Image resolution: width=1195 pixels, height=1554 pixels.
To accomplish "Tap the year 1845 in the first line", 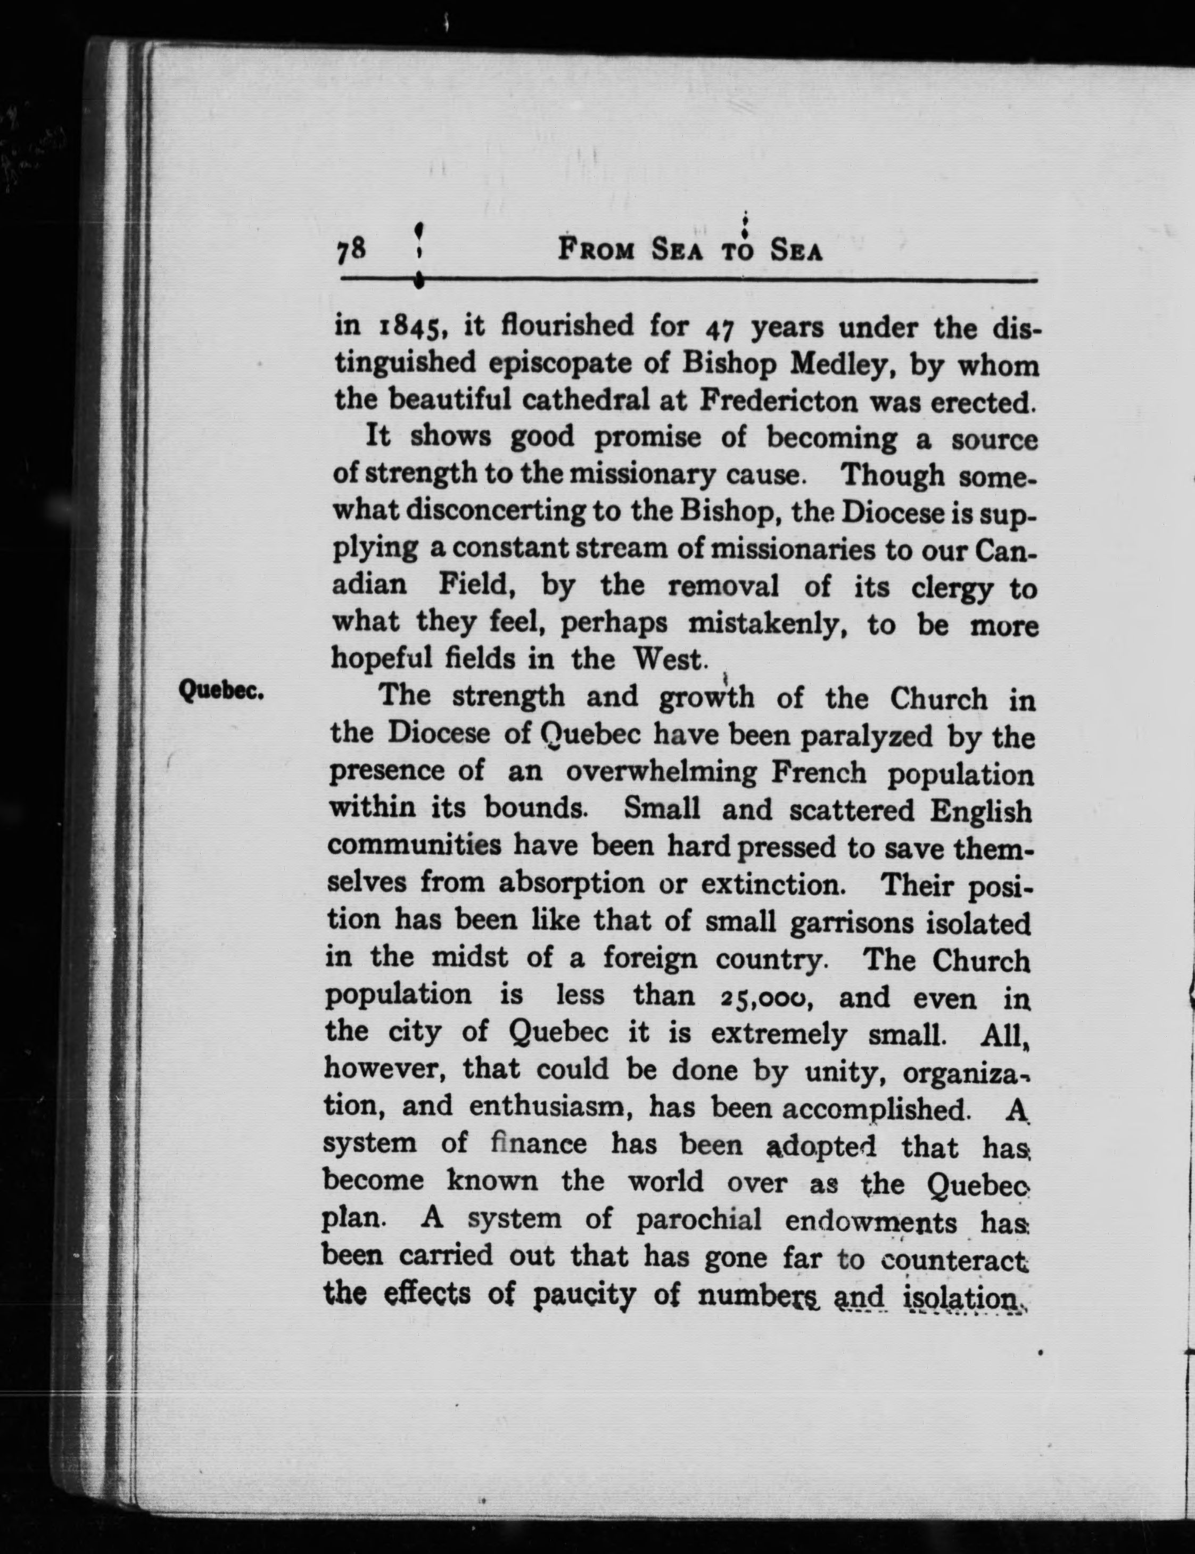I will click(x=410, y=328).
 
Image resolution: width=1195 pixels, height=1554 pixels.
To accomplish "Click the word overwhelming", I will click(x=662, y=773).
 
